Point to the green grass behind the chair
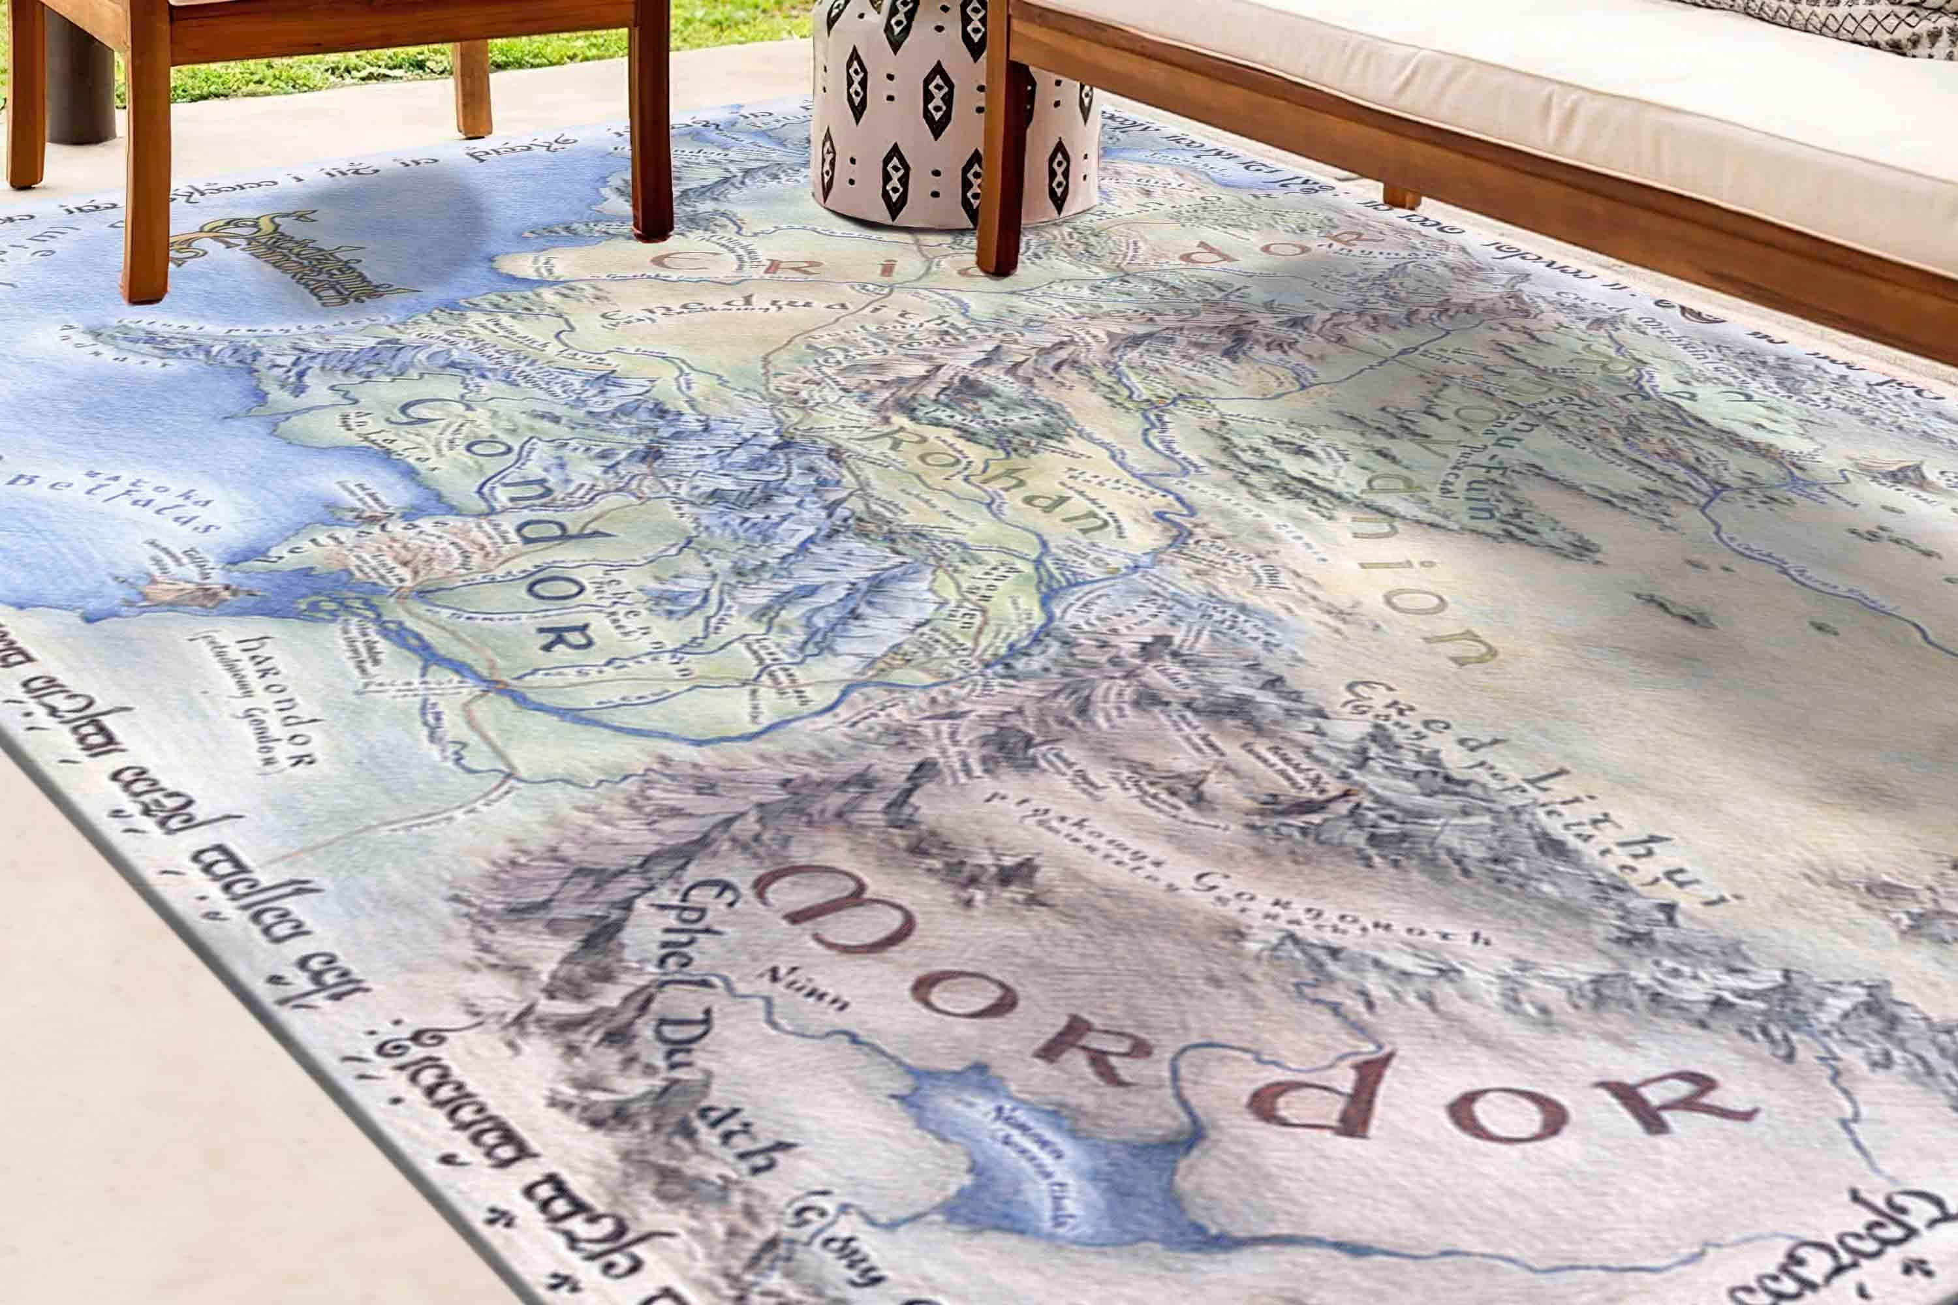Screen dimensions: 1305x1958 [x=333, y=67]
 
